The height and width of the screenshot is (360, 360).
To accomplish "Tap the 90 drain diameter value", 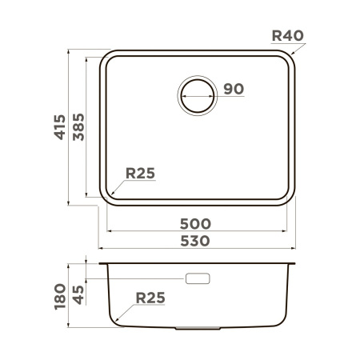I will click(x=233, y=89).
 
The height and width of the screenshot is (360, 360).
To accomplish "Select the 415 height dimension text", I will click(x=58, y=126).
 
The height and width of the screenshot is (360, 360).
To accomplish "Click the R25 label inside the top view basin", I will click(x=139, y=174).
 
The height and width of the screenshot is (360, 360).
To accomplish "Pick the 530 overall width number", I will click(x=196, y=240).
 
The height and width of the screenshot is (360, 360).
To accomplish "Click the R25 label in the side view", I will click(x=150, y=298).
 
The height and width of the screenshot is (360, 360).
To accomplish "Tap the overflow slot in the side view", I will click(x=198, y=278).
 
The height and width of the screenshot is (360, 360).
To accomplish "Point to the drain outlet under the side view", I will click(x=198, y=328).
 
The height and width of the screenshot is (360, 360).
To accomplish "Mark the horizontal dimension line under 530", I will click(x=196, y=248).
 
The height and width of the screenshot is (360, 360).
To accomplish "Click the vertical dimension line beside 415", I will click(x=68, y=126).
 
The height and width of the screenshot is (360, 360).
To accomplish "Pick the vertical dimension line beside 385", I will click(x=87, y=126).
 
